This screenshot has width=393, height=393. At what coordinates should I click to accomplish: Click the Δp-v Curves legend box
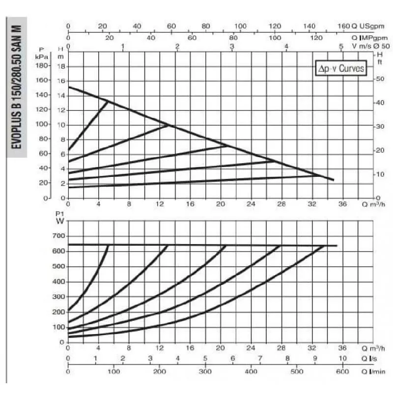coord(341,69)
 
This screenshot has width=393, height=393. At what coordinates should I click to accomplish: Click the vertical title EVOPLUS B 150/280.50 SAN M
coord(16,88)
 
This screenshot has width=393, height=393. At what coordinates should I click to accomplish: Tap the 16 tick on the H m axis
coord(61,80)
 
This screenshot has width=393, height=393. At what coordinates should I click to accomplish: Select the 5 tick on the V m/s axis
coord(341,46)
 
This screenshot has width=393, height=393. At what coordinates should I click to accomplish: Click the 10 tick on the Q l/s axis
coord(342,358)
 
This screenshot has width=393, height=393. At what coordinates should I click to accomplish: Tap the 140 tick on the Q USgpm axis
coord(309,26)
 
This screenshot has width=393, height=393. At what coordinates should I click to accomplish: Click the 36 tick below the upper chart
coord(342,204)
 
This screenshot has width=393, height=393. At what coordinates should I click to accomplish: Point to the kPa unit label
coord(42,56)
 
